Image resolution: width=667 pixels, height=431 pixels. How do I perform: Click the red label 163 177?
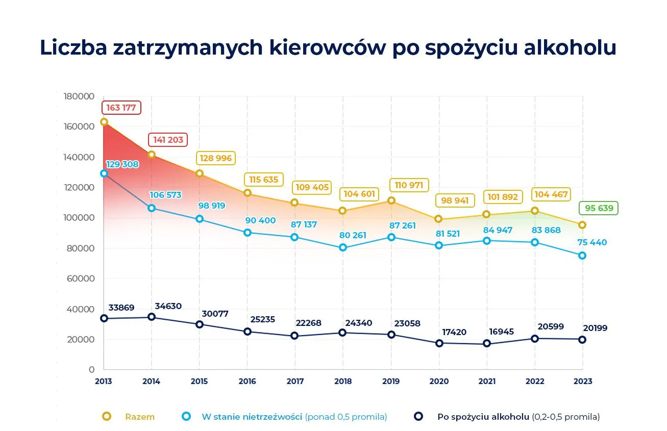click(x=121, y=108)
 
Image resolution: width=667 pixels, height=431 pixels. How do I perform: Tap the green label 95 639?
click(x=598, y=208)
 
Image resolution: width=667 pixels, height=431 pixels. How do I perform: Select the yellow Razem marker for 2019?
click(x=391, y=200)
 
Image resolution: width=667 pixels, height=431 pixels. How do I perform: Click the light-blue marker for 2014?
click(x=152, y=208)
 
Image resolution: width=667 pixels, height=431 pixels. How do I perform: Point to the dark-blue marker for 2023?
click(x=582, y=339)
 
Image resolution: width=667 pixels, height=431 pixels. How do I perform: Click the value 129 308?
click(x=122, y=164)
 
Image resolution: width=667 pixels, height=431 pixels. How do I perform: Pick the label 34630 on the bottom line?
click(x=168, y=306)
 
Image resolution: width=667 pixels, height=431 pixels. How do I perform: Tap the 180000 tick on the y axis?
click(x=79, y=96)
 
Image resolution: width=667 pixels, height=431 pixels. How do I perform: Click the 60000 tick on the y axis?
click(x=81, y=278)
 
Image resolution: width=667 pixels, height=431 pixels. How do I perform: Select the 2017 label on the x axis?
click(x=295, y=381)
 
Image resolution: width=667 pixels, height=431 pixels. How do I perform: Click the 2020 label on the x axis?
click(x=439, y=381)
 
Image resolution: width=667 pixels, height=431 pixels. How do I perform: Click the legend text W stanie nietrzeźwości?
click(x=252, y=417)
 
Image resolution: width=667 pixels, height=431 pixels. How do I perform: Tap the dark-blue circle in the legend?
click(x=418, y=416)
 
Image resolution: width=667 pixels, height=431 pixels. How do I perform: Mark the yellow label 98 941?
click(x=454, y=200)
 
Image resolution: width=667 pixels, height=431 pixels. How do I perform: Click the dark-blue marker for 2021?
click(x=486, y=344)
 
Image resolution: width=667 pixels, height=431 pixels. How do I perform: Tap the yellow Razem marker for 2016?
click(x=248, y=193)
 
